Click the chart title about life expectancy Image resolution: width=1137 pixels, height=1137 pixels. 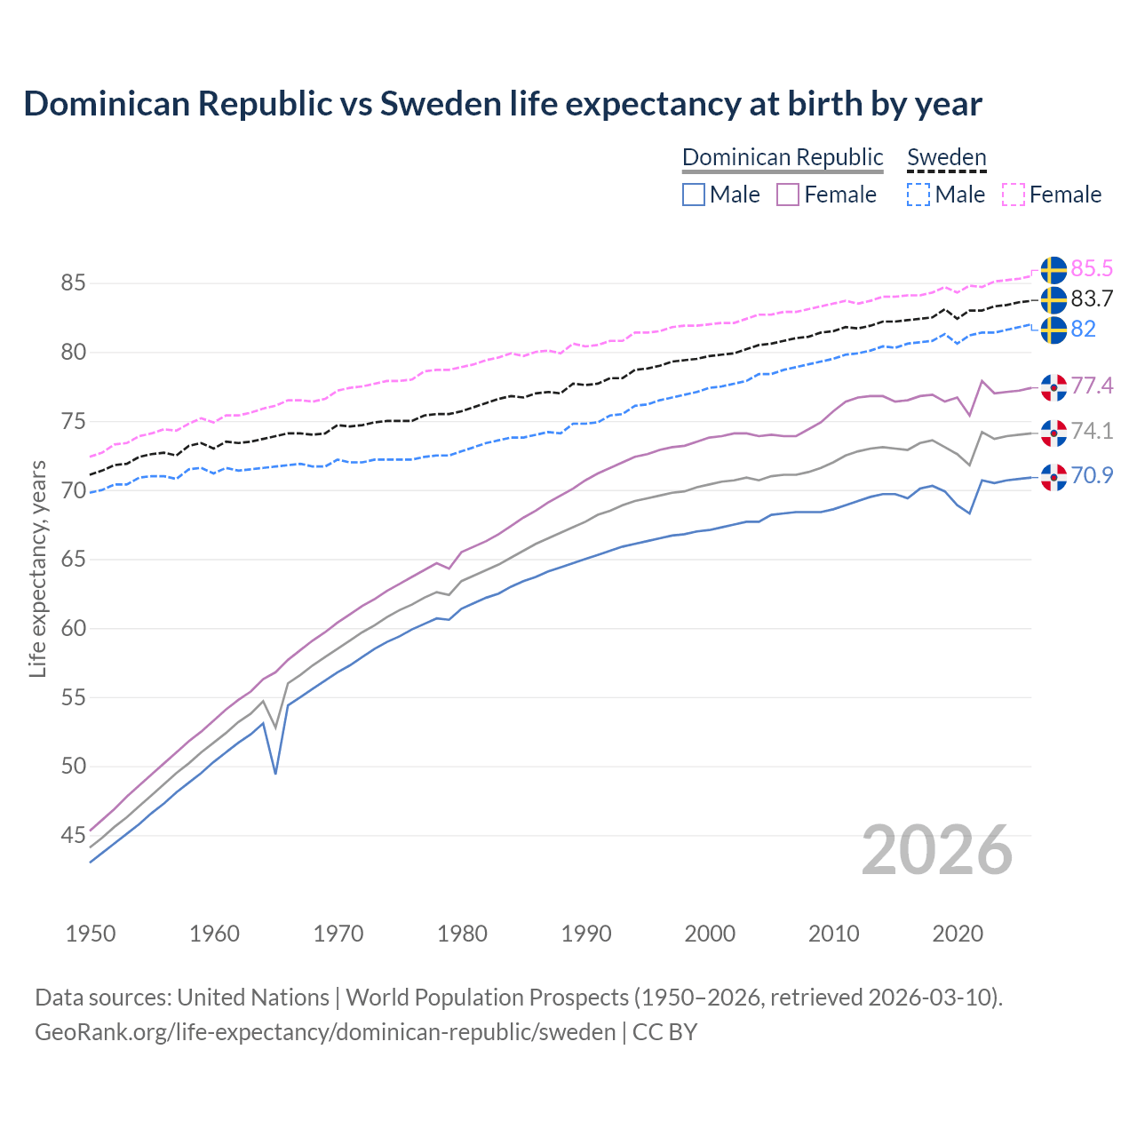click(x=503, y=104)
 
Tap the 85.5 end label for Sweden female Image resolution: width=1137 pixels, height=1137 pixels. click(x=1092, y=268)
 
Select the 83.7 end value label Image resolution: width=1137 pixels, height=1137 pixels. click(x=1092, y=298)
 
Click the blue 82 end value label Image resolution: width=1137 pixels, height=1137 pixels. click(x=1084, y=329)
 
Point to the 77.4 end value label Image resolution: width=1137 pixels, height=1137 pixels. click(x=1092, y=386)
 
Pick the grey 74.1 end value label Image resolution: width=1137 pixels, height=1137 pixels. click(x=1092, y=431)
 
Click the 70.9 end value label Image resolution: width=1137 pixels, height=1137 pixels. click(x=1092, y=475)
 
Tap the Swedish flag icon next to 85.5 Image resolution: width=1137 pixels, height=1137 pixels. click(x=1054, y=270)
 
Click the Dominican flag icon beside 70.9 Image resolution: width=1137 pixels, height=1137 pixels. click(x=1054, y=477)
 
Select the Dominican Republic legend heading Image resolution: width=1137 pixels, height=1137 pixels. click(x=783, y=157)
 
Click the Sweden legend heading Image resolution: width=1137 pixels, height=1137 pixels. click(x=946, y=157)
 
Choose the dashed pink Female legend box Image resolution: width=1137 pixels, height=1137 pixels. click(x=1014, y=195)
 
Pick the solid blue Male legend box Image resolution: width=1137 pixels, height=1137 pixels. click(x=694, y=195)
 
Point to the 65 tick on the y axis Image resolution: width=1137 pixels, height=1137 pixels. click(x=73, y=560)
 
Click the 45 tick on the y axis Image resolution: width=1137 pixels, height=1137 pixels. click(x=73, y=835)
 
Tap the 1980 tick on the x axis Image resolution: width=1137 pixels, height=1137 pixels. click(x=462, y=934)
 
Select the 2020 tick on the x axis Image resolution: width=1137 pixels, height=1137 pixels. click(x=958, y=934)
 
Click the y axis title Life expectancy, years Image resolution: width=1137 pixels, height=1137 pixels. click(x=37, y=568)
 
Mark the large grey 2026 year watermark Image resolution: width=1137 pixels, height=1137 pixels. click(x=937, y=850)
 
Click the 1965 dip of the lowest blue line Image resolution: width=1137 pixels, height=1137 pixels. click(x=275, y=773)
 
